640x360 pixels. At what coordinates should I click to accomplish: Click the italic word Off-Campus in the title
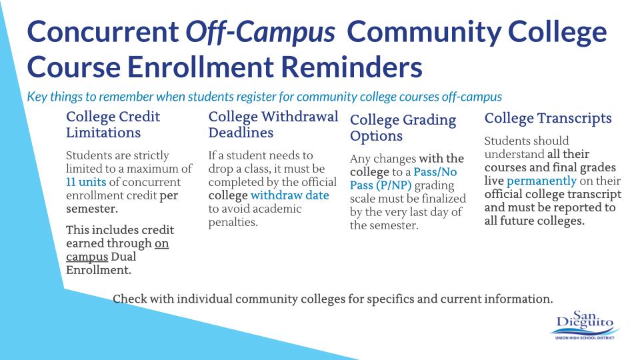point(261,32)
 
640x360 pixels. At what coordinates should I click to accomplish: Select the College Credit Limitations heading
point(113,125)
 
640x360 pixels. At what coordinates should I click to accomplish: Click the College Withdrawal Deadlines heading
point(273,125)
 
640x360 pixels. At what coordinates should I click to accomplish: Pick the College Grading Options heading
point(403,127)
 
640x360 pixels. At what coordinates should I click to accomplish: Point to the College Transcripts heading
point(548,118)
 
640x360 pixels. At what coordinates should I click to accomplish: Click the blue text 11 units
point(86,182)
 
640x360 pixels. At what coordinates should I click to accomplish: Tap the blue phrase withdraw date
point(290,195)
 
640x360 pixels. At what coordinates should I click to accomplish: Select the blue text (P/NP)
point(393,185)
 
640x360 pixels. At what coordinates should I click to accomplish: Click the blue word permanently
point(541,181)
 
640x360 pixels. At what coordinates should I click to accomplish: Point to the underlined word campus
point(87,257)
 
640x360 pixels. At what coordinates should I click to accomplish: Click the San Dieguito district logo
point(585,325)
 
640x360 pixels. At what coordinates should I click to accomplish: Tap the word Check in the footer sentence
point(130,299)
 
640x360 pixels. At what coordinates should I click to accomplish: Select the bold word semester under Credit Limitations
point(92,209)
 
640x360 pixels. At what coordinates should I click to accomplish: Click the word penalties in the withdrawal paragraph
point(233,223)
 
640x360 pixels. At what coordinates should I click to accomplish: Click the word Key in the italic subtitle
point(37,97)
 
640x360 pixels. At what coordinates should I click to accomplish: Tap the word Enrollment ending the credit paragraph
point(99,270)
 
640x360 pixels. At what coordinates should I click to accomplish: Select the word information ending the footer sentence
point(519,299)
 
